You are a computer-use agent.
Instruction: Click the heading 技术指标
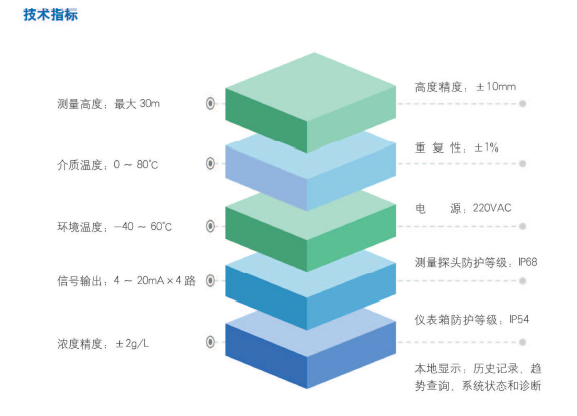click(51, 15)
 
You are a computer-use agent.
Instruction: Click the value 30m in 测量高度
click(149, 103)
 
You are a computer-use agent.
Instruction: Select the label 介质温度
click(79, 165)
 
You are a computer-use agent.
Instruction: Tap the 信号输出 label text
click(79, 281)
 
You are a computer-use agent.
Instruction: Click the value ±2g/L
click(132, 344)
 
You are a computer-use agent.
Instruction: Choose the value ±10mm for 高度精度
click(496, 87)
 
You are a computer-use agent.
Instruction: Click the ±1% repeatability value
click(486, 148)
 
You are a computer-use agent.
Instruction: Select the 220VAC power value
click(492, 208)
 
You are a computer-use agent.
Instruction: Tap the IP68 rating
click(528, 262)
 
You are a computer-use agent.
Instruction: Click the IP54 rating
click(519, 319)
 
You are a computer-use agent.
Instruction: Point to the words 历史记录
click(496, 369)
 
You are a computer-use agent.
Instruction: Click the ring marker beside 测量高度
click(210, 103)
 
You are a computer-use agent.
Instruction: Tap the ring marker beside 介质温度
click(210, 163)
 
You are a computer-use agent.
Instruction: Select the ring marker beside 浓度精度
click(210, 342)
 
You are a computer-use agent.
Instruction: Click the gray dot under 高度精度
click(522, 104)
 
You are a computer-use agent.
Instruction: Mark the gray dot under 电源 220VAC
click(522, 226)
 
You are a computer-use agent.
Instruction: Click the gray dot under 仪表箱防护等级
click(522, 342)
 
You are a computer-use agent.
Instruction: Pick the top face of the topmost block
click(311, 88)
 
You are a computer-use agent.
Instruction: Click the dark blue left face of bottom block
click(266, 355)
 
